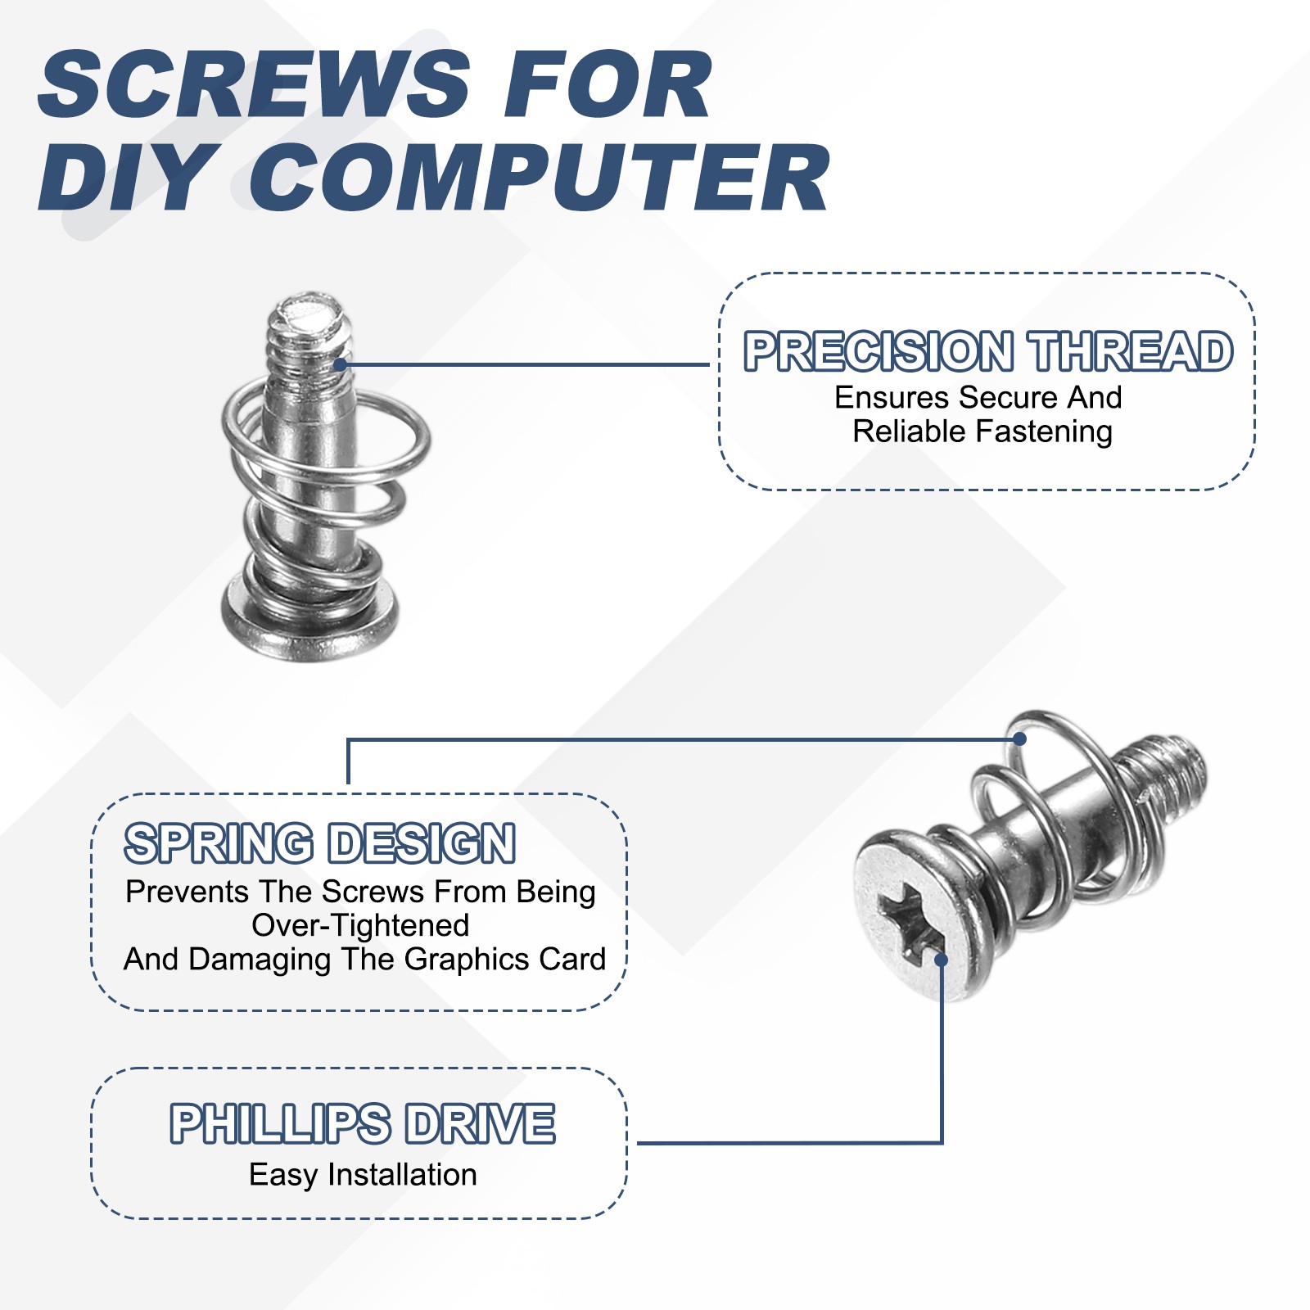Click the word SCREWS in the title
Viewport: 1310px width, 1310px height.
click(x=254, y=84)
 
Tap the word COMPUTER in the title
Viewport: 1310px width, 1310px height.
click(x=540, y=178)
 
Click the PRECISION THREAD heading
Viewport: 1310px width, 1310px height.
click(x=987, y=351)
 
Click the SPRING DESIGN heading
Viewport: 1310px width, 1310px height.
click(x=319, y=843)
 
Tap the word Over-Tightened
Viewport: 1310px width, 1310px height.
click(x=360, y=925)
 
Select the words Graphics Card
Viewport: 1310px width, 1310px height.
click(x=504, y=959)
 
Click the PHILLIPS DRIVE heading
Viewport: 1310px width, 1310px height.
click(x=362, y=1123)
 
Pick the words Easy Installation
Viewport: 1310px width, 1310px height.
click(x=363, y=1175)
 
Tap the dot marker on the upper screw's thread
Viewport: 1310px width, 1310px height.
click(x=341, y=364)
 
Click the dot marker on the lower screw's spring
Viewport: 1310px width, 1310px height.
click(x=1019, y=739)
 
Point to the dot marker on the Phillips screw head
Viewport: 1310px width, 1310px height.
click(x=942, y=960)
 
